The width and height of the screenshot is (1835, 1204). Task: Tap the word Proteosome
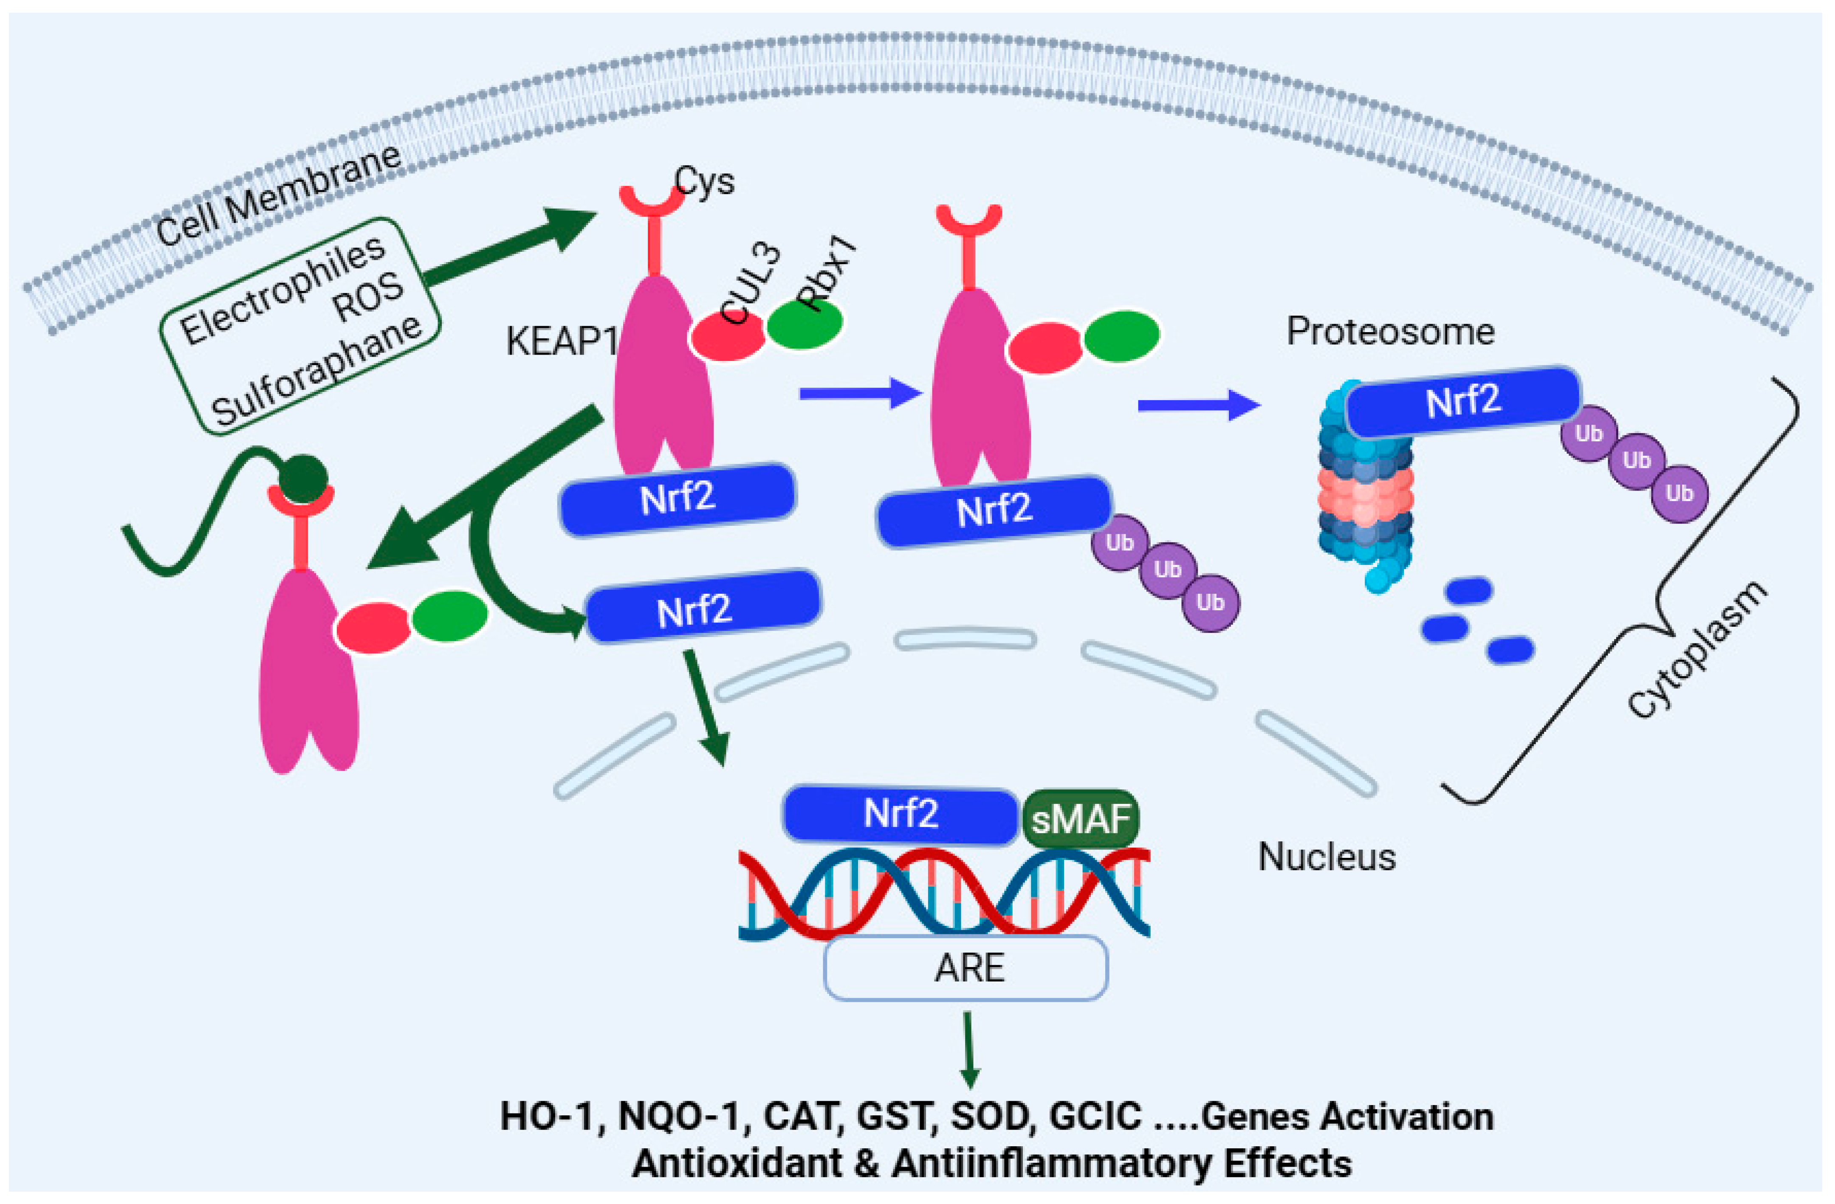1390,331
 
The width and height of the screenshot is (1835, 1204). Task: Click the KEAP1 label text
561,341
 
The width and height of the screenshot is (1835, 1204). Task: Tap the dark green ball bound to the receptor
302,478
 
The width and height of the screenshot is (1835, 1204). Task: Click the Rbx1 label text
827,274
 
